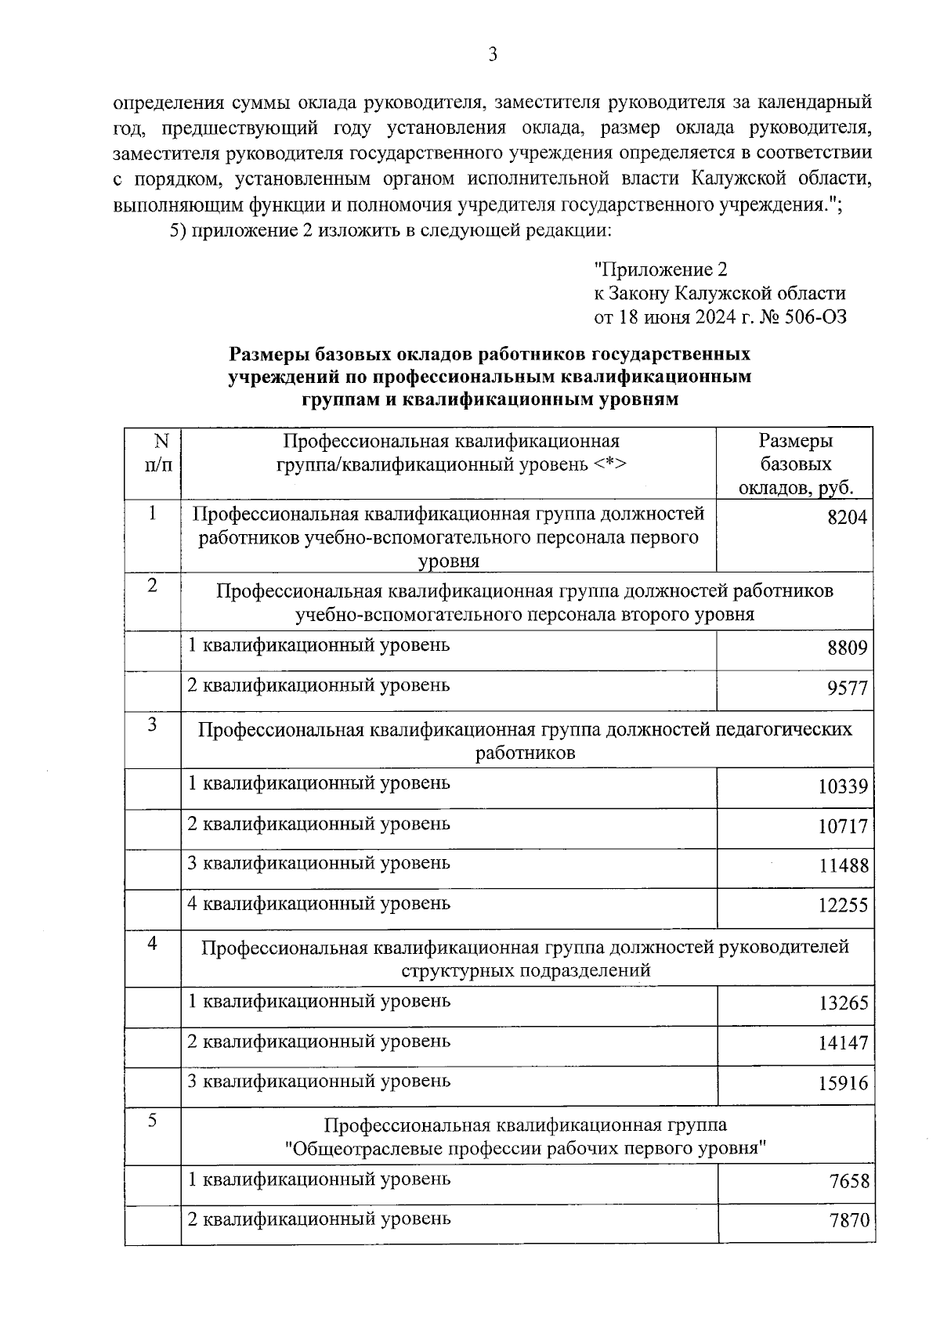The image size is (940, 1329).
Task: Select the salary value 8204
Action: pos(847,518)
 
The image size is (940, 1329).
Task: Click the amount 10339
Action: pos(843,786)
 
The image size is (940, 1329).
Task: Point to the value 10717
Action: pos(843,826)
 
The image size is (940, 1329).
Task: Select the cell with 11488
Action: pos(843,866)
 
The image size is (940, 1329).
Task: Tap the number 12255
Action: pos(843,906)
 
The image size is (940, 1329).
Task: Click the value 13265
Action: pos(844,1004)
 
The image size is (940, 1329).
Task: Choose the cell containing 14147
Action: pos(844,1044)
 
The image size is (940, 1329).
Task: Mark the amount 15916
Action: pos(844,1084)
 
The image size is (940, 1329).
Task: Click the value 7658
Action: pos(849,1182)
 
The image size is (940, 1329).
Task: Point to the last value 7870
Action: pos(849,1222)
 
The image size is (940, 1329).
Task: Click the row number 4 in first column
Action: pos(153,944)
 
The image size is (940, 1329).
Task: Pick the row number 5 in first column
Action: pos(153,1121)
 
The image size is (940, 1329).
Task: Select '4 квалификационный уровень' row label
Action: pos(319,904)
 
